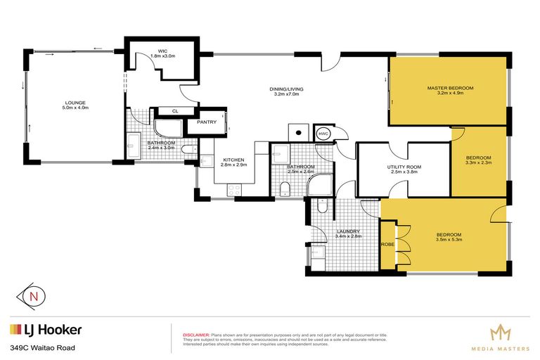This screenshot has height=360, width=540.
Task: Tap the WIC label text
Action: pyautogui.click(x=162, y=51)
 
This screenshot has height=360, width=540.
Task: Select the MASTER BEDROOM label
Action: pyautogui.click(x=450, y=87)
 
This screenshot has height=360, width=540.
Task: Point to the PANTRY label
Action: pyautogui.click(x=207, y=122)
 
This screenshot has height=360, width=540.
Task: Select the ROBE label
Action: pyautogui.click(x=387, y=245)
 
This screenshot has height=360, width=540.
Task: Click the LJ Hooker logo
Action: pyautogui.click(x=46, y=329)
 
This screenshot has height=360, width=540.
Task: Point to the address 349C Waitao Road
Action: pyautogui.click(x=42, y=347)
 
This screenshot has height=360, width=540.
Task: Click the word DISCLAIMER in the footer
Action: pyautogui.click(x=196, y=335)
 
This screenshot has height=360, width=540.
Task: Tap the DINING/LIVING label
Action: pyautogui.click(x=285, y=89)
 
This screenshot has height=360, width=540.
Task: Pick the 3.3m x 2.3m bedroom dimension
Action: pyautogui.click(x=478, y=163)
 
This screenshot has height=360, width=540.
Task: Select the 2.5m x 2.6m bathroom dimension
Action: pyautogui.click(x=301, y=172)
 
